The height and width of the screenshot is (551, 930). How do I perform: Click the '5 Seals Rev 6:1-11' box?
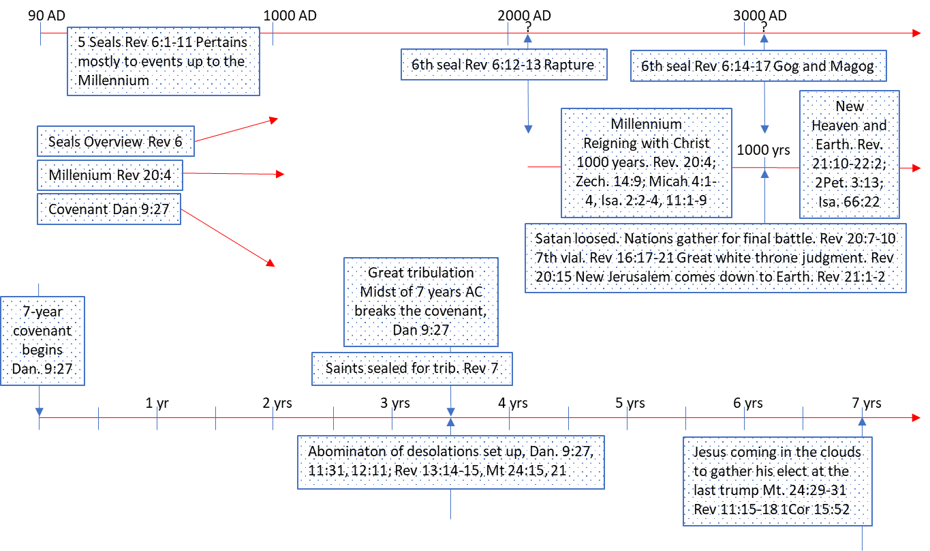164,61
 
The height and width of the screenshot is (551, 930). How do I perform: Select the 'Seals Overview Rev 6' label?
114,143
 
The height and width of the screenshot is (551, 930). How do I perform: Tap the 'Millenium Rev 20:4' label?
109,175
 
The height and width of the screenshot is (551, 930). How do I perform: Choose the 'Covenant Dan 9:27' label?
108,209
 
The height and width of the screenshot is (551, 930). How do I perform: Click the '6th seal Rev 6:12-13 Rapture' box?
503,65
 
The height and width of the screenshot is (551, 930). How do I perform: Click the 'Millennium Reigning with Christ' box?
645,162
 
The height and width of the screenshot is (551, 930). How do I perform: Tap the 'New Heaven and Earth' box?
849,154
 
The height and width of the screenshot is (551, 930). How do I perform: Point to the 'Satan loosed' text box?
715,258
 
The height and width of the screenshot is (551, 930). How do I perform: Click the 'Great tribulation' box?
420,301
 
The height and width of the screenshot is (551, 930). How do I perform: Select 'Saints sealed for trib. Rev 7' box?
412,368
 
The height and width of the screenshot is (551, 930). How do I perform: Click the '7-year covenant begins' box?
42,340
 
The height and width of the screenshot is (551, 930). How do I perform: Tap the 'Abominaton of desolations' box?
450,462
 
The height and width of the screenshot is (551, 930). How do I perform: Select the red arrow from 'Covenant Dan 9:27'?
228,238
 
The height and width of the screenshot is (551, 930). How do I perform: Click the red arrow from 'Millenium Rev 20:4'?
233,175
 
